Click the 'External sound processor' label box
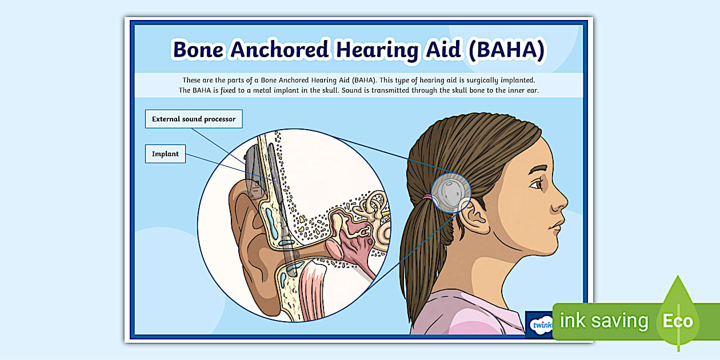[x=194, y=119]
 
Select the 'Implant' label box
[x=165, y=154]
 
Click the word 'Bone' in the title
[x=198, y=50]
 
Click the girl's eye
[x=537, y=184]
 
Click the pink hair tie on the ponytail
[x=427, y=197]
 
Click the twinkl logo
[x=541, y=325]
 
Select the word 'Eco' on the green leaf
[x=678, y=321]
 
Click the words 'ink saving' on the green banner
[x=604, y=321]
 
